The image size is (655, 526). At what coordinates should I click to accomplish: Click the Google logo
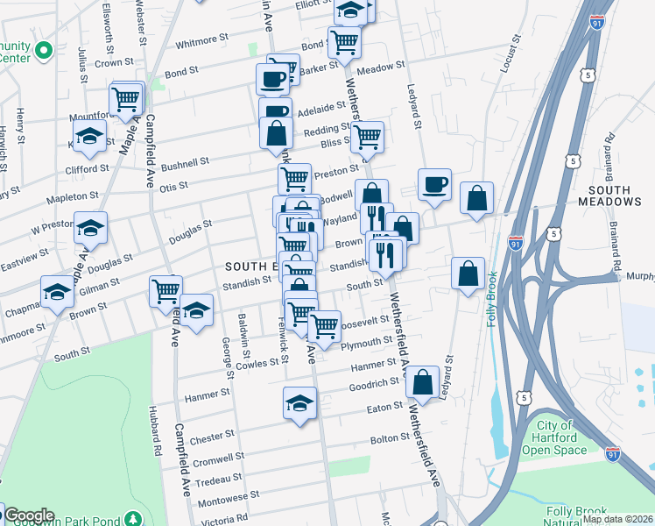28,515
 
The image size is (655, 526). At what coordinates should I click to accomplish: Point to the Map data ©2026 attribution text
618,519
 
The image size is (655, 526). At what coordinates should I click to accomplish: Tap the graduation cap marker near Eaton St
299,404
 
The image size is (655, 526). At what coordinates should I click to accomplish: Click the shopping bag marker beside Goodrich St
422,382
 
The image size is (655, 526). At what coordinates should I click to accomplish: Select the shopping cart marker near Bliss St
368,136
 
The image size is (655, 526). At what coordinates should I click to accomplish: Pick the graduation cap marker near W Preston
89,228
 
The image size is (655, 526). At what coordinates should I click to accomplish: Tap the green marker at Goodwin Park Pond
133,519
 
